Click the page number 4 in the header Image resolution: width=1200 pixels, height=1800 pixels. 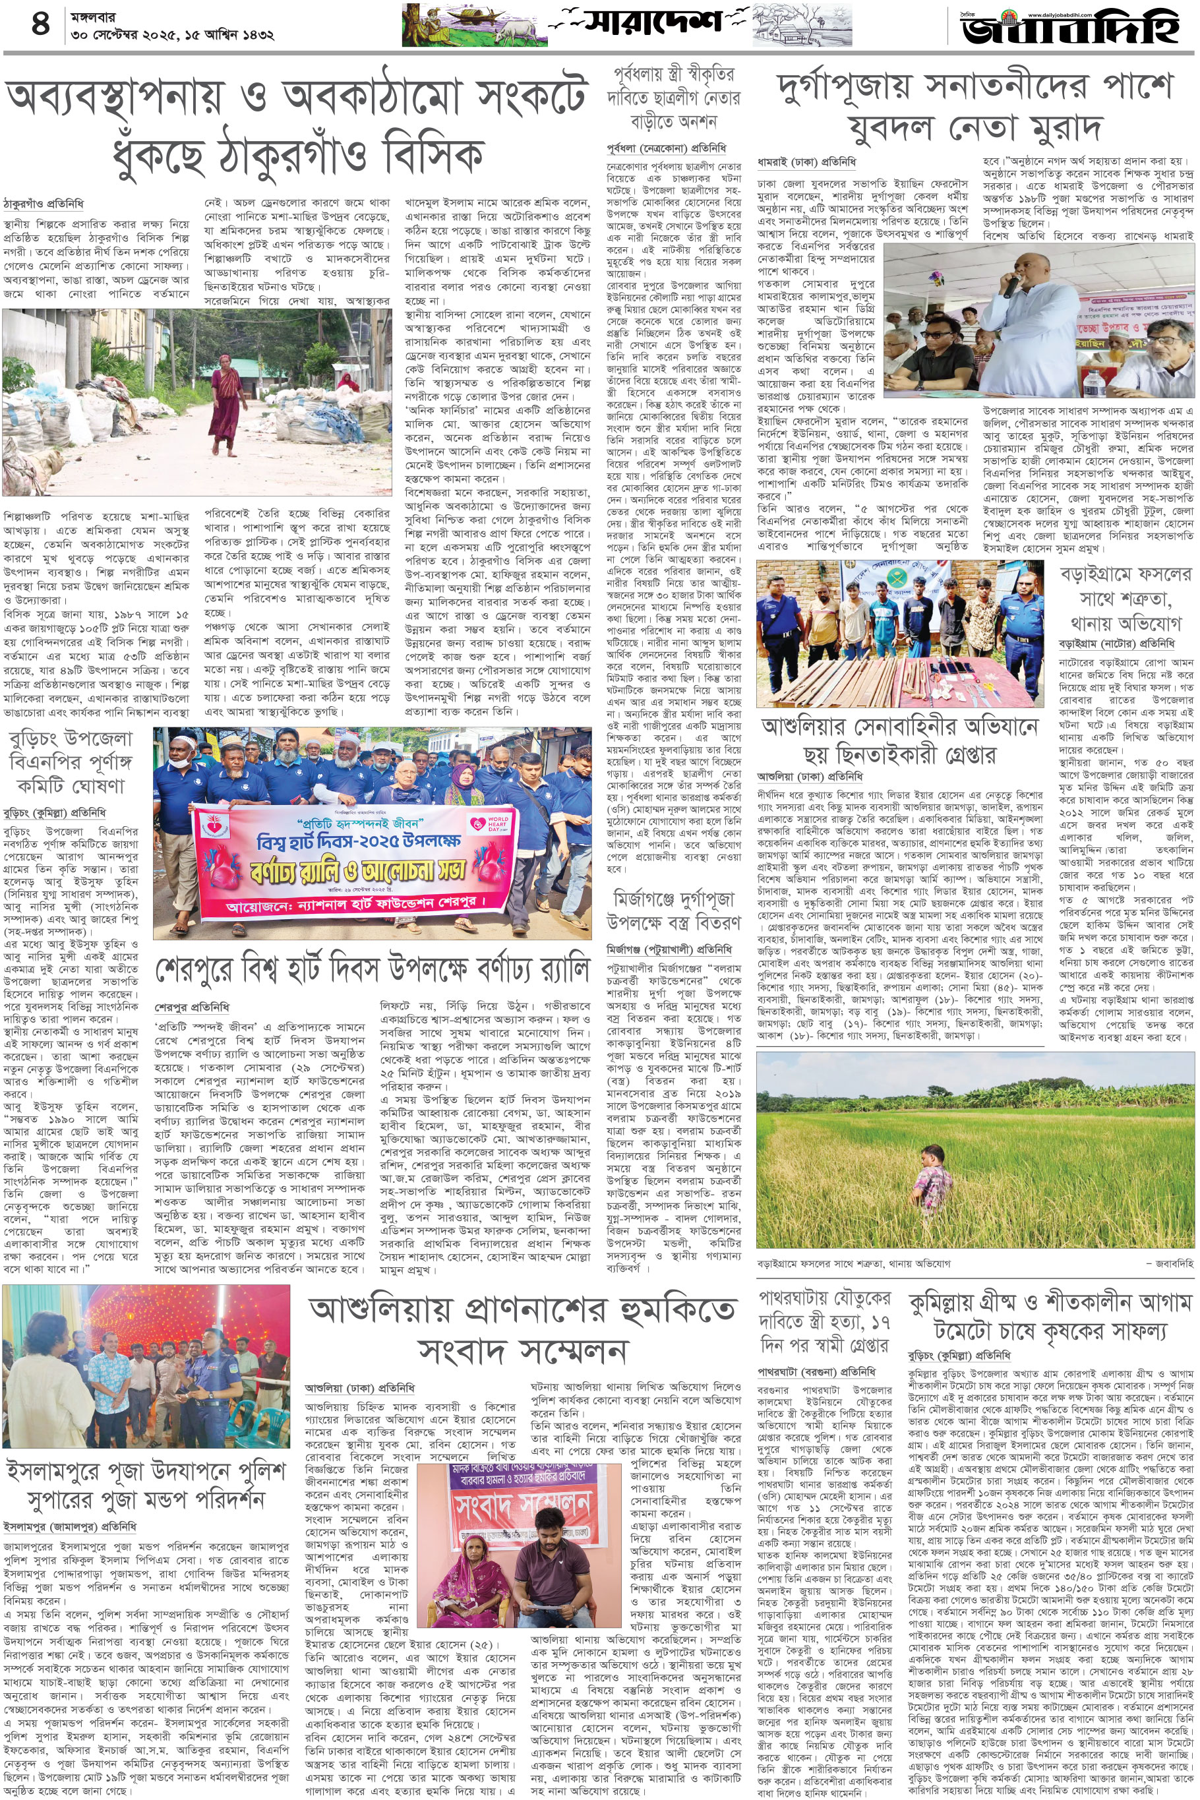point(40,24)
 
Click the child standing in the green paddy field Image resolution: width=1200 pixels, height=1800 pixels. point(930,1174)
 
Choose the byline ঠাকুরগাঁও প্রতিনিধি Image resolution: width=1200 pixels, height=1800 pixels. point(44,205)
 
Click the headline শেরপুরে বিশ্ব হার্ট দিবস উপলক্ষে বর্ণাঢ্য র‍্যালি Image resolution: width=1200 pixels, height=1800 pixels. point(372,971)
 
